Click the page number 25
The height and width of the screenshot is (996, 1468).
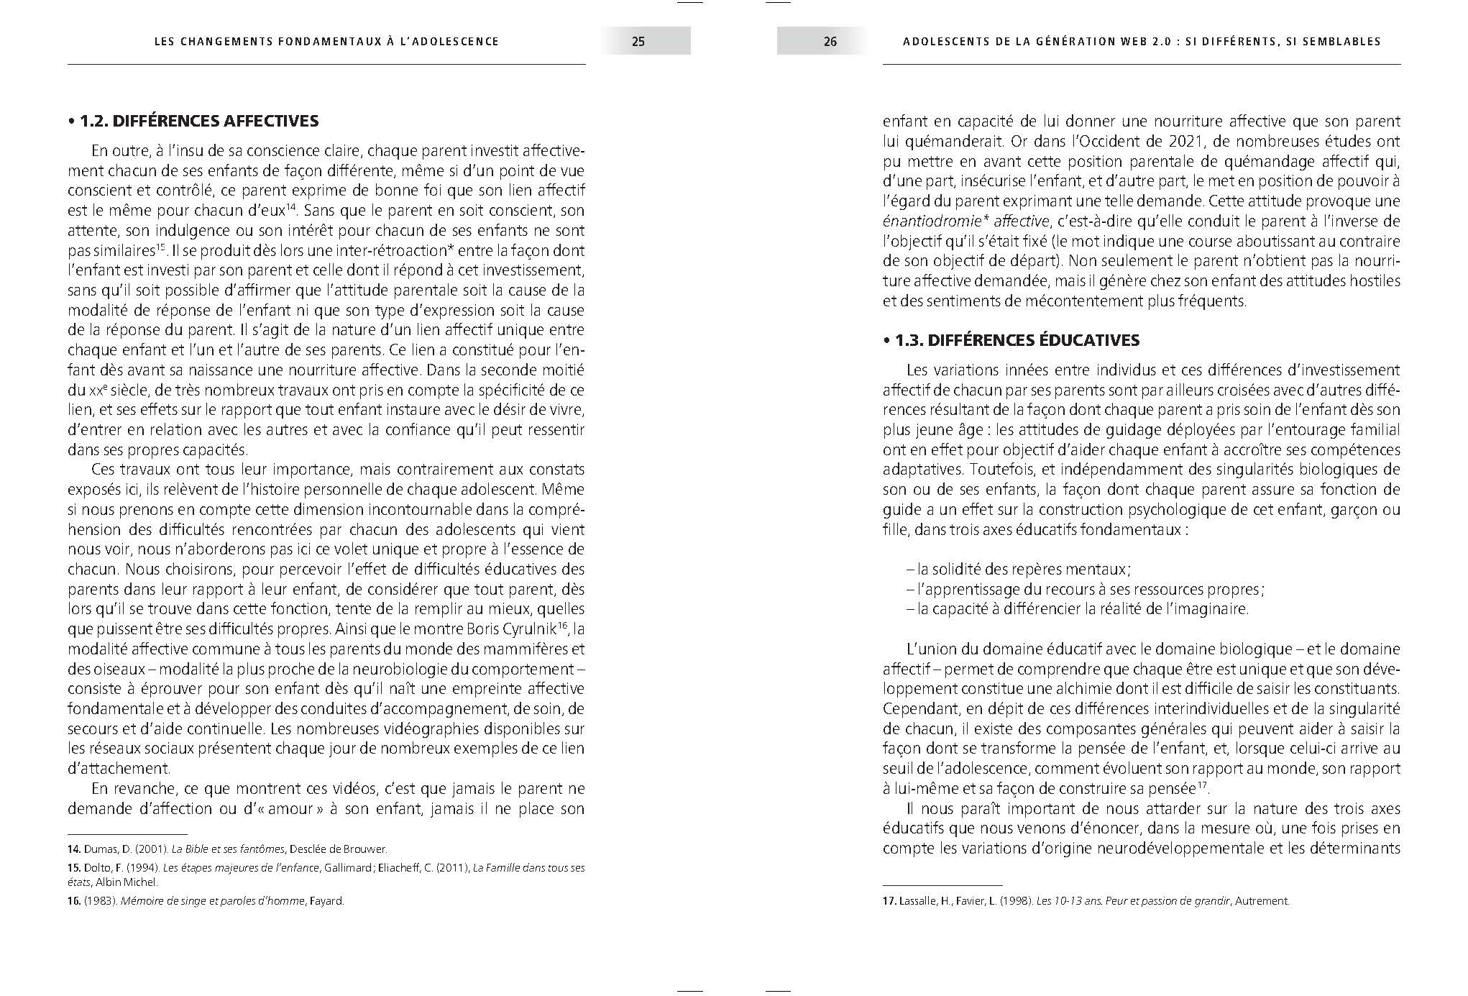tap(638, 42)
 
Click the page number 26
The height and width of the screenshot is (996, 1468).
tap(830, 42)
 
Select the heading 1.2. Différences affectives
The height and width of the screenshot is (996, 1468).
tap(193, 121)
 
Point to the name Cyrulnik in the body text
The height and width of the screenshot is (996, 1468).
tap(532, 629)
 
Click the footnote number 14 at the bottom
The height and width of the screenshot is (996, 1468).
tap(73, 849)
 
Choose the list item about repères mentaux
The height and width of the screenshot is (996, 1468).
tap(1019, 570)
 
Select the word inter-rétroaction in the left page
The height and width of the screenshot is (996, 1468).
tap(371, 251)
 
